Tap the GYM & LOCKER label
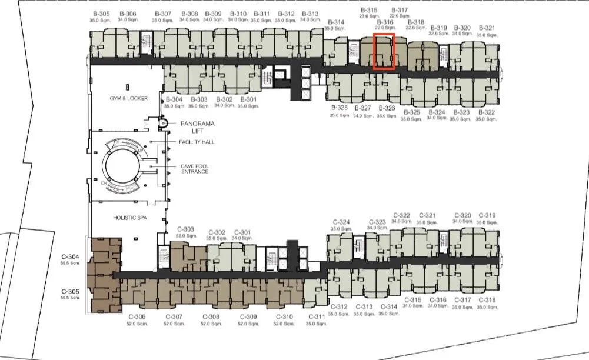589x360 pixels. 128,98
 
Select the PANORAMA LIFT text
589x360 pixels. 198,127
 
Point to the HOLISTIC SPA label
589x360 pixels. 130,218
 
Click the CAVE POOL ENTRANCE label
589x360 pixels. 195,169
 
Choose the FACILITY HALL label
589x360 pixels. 197,142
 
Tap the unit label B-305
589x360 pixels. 101,14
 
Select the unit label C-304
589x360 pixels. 70,257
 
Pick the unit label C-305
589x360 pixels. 70,292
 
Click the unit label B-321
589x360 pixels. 487,28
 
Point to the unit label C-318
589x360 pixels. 487,300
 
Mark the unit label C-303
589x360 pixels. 185,229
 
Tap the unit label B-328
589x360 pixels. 339,108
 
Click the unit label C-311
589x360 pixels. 317,317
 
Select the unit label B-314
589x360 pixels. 336,22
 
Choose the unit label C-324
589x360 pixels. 341,222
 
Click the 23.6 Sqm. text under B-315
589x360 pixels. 369,16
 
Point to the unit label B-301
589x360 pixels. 248,100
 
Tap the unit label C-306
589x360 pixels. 137,317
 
